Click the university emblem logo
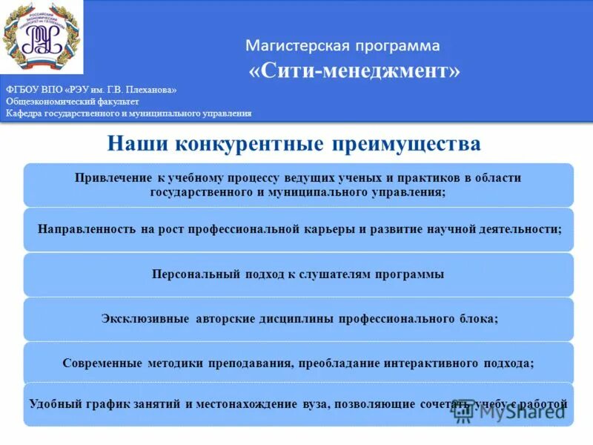pyautogui.click(x=42, y=39)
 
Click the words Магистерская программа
pyautogui.click(x=342, y=46)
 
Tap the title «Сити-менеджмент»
pyautogui.click(x=354, y=71)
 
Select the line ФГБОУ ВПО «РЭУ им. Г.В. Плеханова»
pyautogui.click(x=91, y=90)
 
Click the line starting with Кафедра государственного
pyautogui.click(x=128, y=113)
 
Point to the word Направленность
pyautogui.click(x=85, y=229)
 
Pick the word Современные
pyautogui.click(x=102, y=363)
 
